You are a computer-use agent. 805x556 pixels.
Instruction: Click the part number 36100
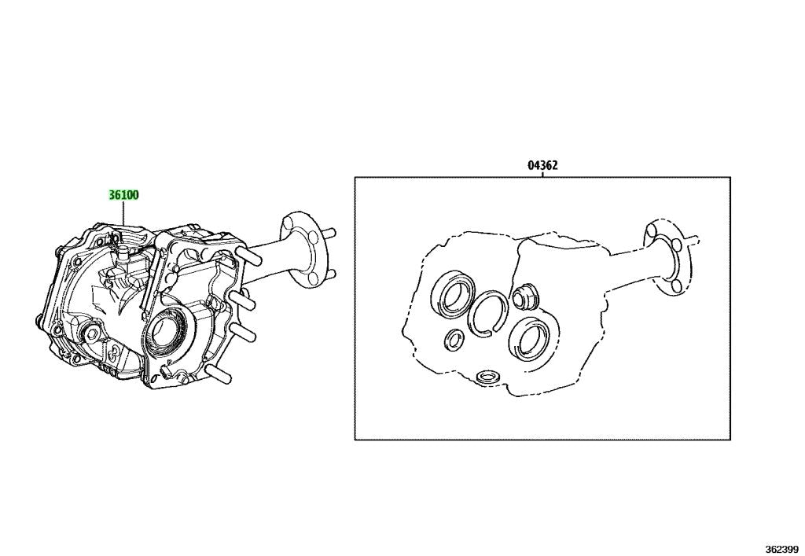pos(124,196)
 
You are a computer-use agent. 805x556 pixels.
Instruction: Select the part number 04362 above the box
pos(542,166)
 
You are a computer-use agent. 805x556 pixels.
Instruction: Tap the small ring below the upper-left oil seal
pos(454,339)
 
